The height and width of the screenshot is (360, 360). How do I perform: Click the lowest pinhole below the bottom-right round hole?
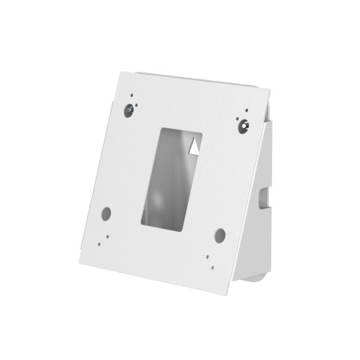208,264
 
